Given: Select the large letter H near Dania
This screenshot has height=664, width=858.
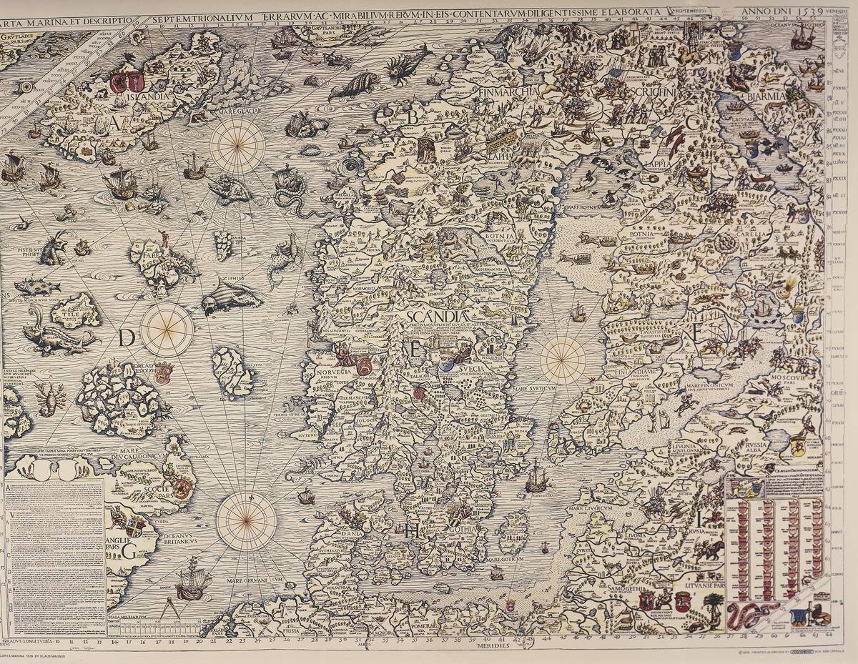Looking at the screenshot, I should click(x=412, y=530).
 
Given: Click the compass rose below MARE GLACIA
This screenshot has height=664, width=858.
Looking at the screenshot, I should click(x=237, y=145).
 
